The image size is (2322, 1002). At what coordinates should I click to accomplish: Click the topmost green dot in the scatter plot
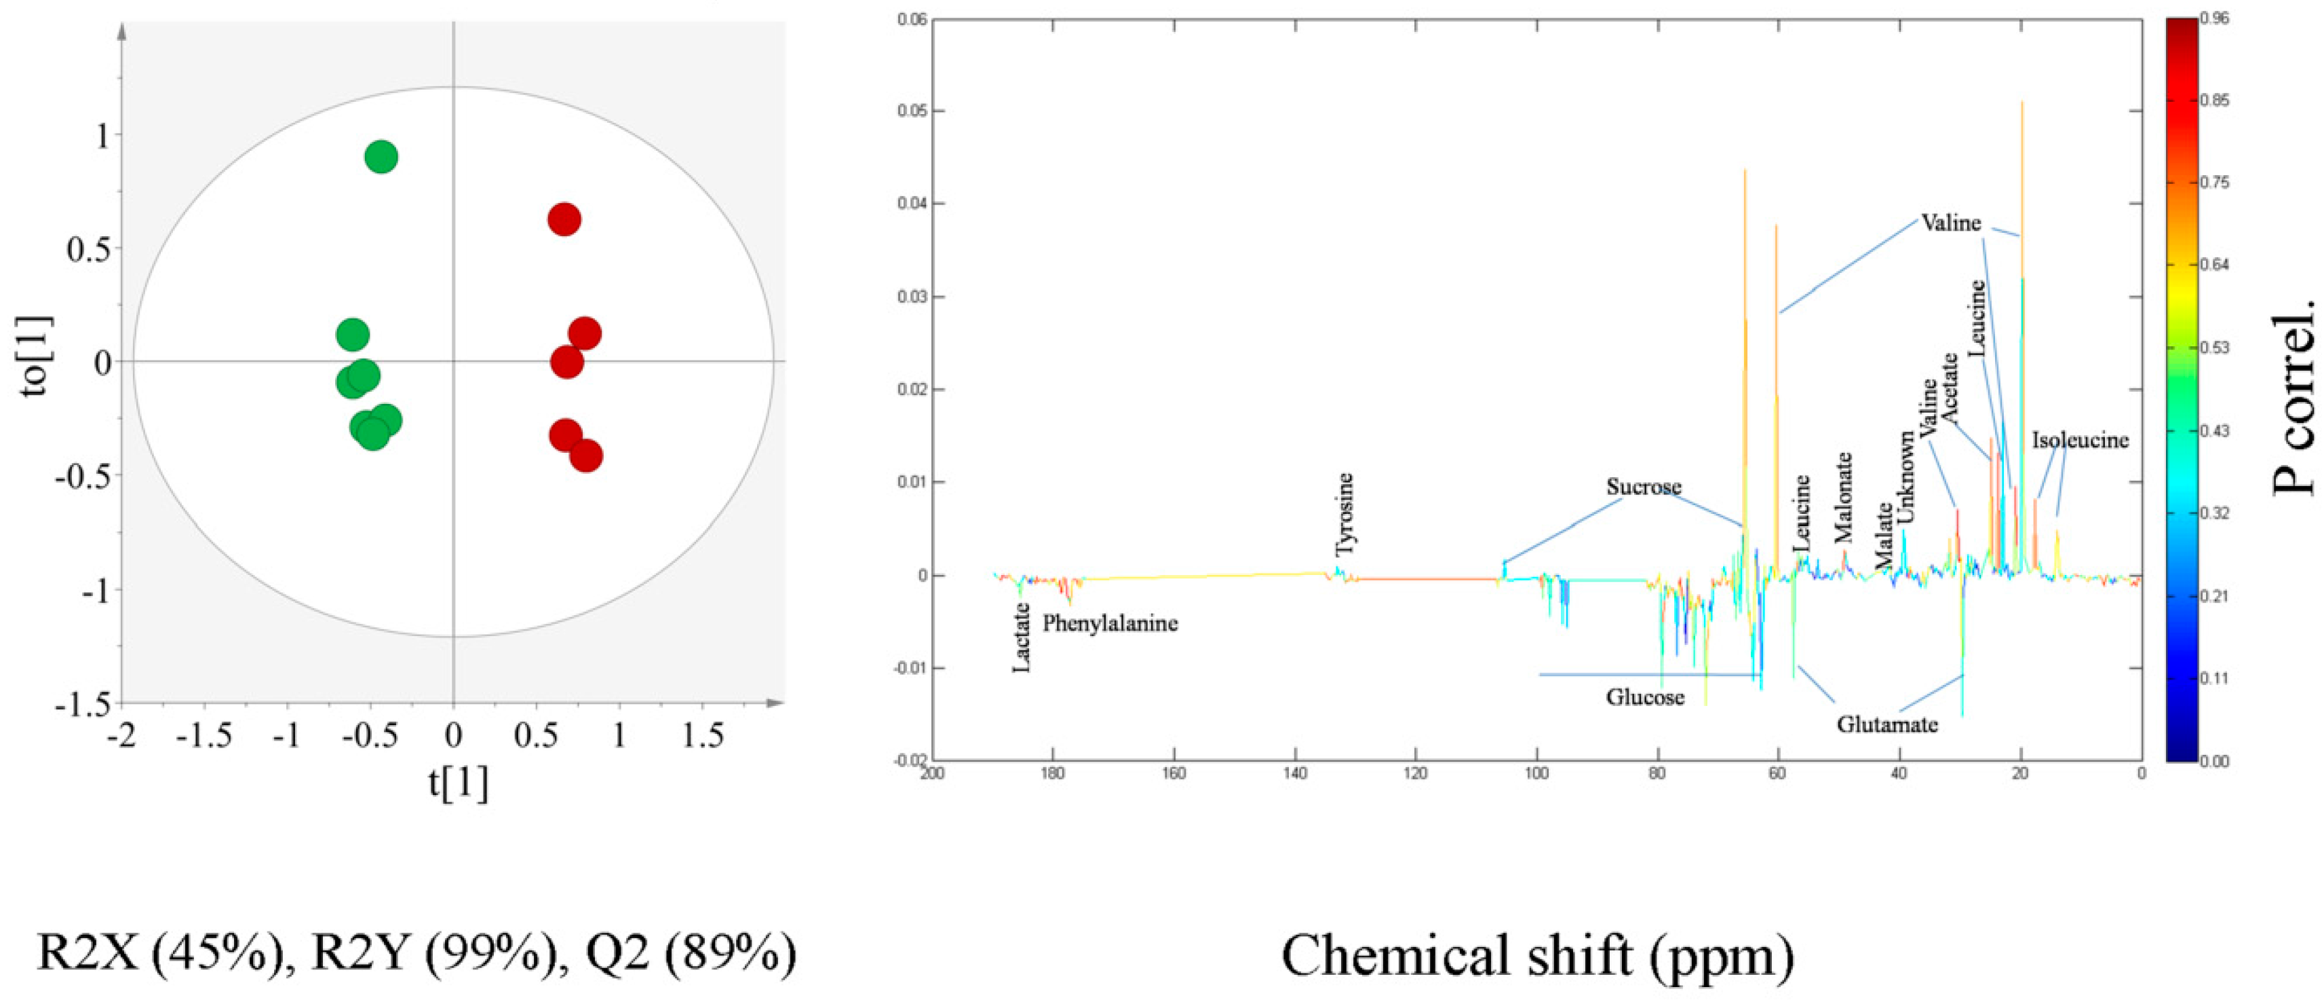[381, 157]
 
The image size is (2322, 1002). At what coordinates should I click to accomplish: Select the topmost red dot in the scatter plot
[564, 219]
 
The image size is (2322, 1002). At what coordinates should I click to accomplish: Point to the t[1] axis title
[458, 782]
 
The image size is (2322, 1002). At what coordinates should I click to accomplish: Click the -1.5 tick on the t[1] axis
[203, 736]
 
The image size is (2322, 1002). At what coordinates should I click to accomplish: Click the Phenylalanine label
[1110, 623]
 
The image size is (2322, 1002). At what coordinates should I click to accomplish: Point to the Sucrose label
[1643, 487]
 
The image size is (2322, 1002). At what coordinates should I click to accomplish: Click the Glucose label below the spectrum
[1645, 697]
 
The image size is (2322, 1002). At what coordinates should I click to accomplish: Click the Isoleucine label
[2080, 440]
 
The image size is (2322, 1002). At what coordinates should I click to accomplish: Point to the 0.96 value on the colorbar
[2214, 18]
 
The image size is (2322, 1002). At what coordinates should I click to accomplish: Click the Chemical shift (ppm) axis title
[1538, 955]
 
